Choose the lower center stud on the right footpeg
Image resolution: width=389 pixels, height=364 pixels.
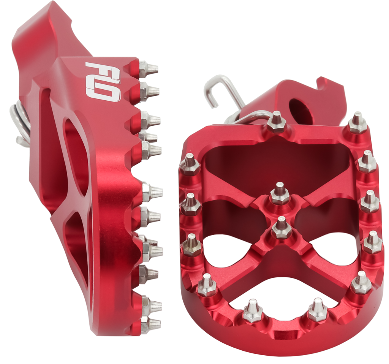pos(281,227)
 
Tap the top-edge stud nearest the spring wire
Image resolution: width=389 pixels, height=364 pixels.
pos(277,122)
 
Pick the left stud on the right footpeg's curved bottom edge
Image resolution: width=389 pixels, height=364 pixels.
pos(253,310)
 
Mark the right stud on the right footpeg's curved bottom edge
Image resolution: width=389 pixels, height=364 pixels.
pos(317,310)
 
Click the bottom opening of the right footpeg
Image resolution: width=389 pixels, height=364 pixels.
pos(283,294)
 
